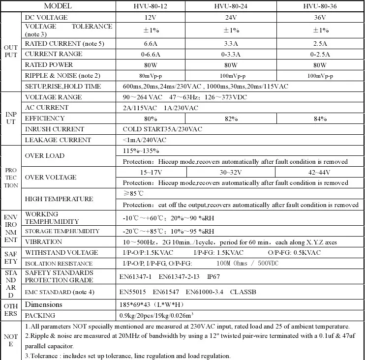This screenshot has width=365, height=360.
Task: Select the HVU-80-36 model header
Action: tap(320, 6)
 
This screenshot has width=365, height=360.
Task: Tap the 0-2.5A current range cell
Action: tap(320, 54)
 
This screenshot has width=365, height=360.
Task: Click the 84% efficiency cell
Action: tap(320, 119)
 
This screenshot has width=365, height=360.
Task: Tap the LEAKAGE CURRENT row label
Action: tap(58, 140)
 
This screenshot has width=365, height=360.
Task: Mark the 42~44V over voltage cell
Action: tap(320, 172)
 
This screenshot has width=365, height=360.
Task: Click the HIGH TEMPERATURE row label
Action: tap(59, 199)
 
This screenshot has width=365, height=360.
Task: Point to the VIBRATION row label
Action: tap(43, 242)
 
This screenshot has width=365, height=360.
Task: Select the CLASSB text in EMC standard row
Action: tap(243, 292)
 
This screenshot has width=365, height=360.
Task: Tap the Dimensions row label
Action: tap(43, 304)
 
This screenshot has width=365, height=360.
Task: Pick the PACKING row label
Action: tap(40, 315)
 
